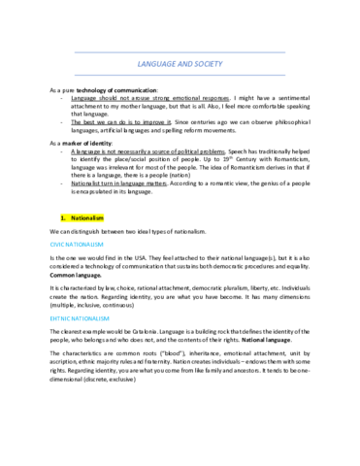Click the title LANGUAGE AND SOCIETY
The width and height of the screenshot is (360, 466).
(x=180, y=63)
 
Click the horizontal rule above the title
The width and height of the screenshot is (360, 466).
(x=180, y=50)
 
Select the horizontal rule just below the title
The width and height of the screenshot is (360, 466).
(x=180, y=75)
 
